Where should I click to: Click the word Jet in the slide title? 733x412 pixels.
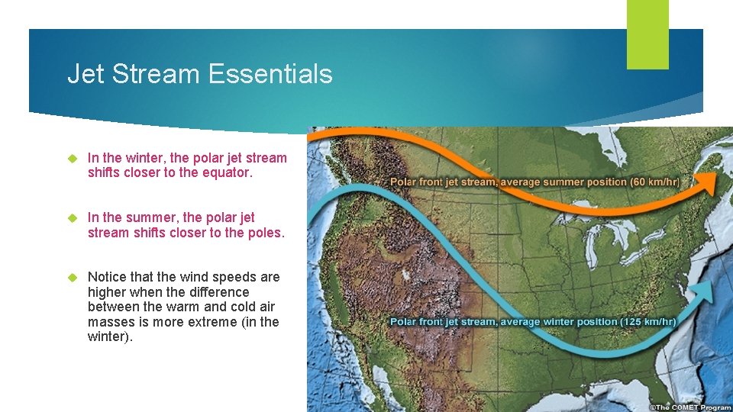tap(84, 74)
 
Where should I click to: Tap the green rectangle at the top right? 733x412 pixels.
tap(647, 34)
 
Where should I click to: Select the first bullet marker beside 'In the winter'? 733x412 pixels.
tap(73, 159)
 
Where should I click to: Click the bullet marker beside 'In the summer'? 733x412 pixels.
tap(73, 218)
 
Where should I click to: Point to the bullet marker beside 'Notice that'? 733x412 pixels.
tap(73, 277)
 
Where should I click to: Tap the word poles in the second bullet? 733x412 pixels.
tap(265, 232)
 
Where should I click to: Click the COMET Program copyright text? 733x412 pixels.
tap(690, 407)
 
